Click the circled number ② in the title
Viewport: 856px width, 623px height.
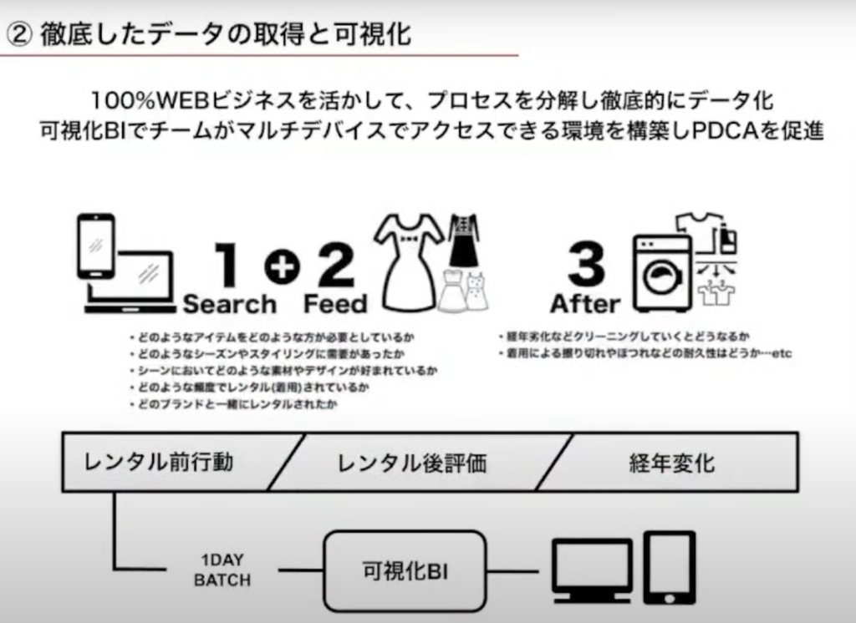pos(18,36)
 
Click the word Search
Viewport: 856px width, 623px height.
pos(229,304)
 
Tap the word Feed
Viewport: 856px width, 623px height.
pos(335,304)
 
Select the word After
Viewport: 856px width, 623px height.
pos(585,303)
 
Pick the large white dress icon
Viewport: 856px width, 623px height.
pos(408,261)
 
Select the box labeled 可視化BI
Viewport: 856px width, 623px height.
pos(405,571)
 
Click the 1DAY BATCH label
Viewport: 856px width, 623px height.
pos(222,570)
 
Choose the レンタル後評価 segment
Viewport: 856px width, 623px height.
pos(411,462)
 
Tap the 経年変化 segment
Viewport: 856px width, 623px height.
pos(671,462)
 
